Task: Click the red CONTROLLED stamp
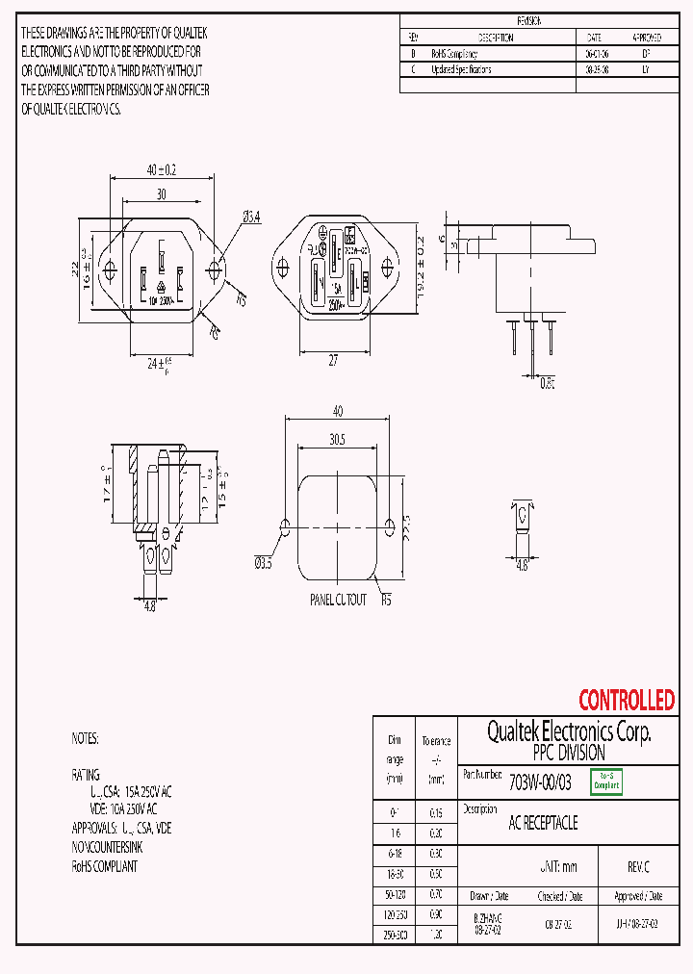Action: point(627,700)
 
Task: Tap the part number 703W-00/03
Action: point(539,782)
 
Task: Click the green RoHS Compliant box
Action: point(605,782)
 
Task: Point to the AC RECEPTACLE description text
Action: point(543,824)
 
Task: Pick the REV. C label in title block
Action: point(639,866)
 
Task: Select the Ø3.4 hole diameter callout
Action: point(252,218)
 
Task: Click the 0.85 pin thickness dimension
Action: point(548,382)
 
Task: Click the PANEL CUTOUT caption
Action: point(337,600)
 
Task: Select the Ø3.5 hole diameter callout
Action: point(263,563)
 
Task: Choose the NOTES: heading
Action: point(85,739)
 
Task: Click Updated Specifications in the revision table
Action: point(461,69)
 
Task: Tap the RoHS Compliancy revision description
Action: point(454,54)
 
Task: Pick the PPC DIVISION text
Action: point(568,753)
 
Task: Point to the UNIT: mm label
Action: point(557,866)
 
